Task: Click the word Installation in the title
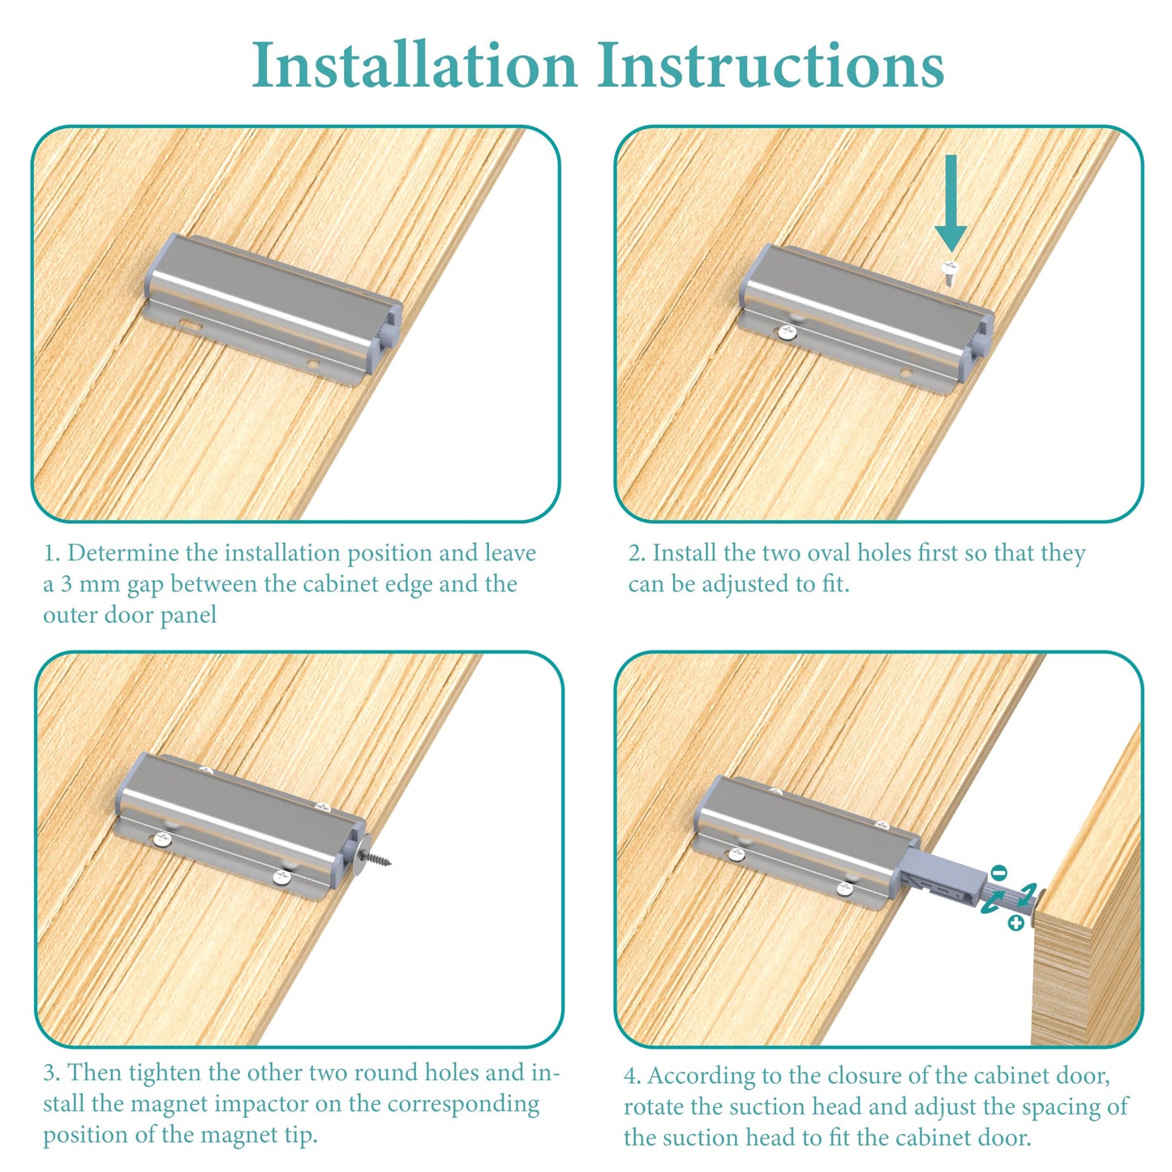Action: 414,65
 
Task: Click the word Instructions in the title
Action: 771,65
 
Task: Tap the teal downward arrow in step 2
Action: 951,203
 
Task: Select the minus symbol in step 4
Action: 998,873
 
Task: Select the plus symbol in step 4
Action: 1015,923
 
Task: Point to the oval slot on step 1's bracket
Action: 191,325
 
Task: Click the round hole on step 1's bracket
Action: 313,364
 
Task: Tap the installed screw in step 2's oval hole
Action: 787,332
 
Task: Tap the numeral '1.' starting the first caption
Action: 51,553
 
